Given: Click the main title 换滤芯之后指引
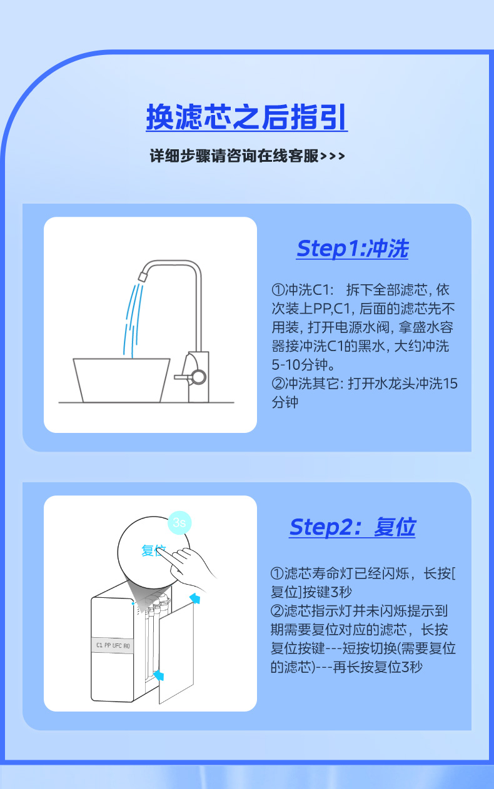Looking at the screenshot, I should coord(246,117).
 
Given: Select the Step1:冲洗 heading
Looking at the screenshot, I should coord(352,249).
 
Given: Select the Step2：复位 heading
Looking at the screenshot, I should coord(352,527).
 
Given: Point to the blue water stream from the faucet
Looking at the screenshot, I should coord(130,319).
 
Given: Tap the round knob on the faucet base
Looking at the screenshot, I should coord(198,376).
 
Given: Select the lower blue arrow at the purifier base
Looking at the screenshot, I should coord(159,675).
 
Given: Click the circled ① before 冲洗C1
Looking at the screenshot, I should coord(278,290).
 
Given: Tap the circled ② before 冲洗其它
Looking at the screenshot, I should coord(278,384).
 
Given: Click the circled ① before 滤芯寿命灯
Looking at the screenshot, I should coord(278,573).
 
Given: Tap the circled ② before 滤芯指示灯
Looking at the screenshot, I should coord(278,610).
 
